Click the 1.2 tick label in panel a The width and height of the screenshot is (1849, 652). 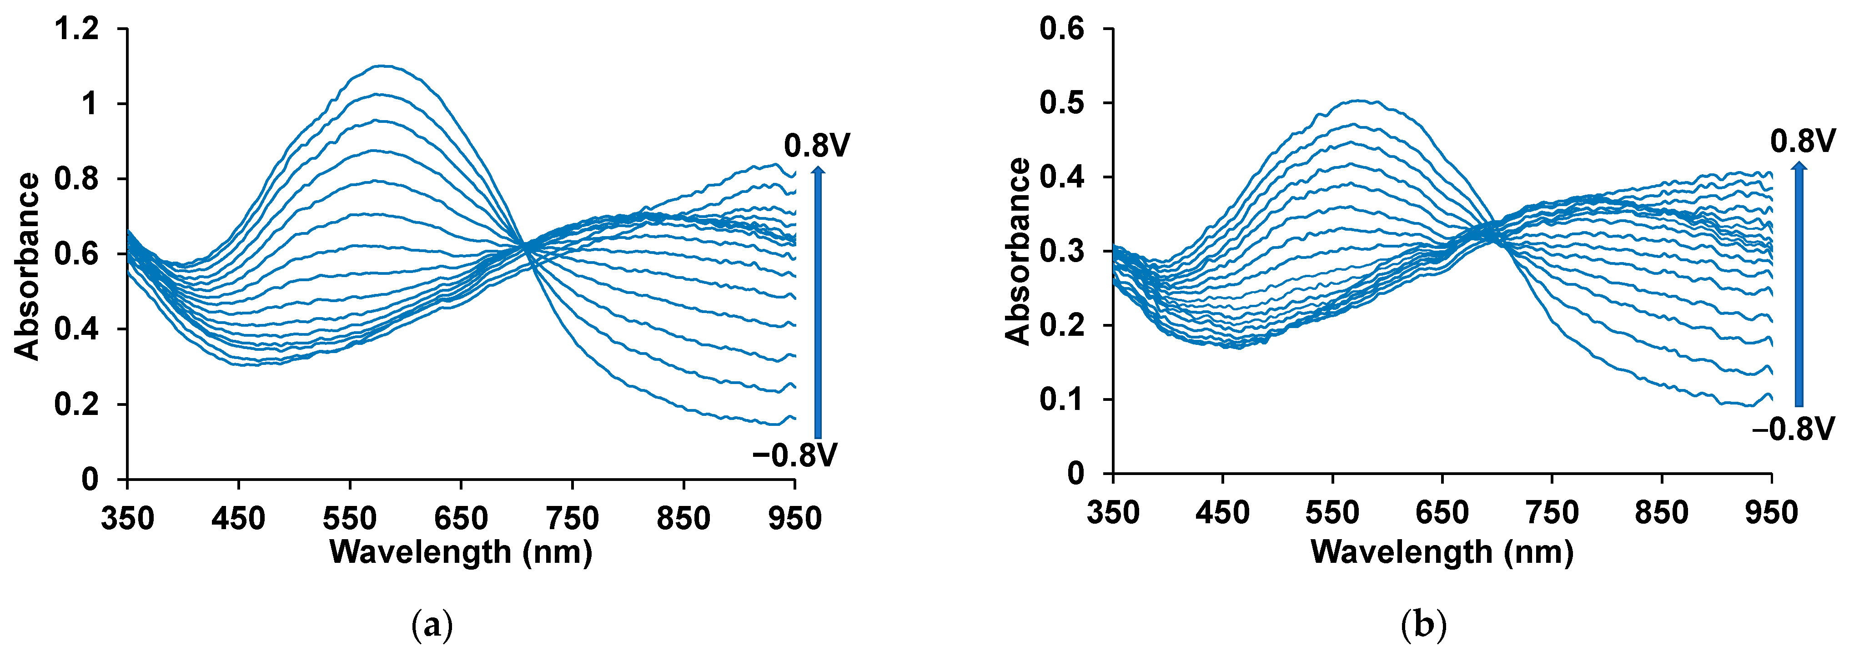pos(77,30)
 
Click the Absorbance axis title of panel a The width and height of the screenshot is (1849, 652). pos(27,267)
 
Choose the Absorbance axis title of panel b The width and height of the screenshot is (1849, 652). pos(1017,252)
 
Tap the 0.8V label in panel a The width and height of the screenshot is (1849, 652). pos(817,146)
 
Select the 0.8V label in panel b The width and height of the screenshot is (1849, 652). pos(1802,142)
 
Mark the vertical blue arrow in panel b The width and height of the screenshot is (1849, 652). pos(1799,283)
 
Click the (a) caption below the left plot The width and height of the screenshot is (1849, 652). pos(433,626)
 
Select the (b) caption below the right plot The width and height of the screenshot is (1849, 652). pos(1423,626)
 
